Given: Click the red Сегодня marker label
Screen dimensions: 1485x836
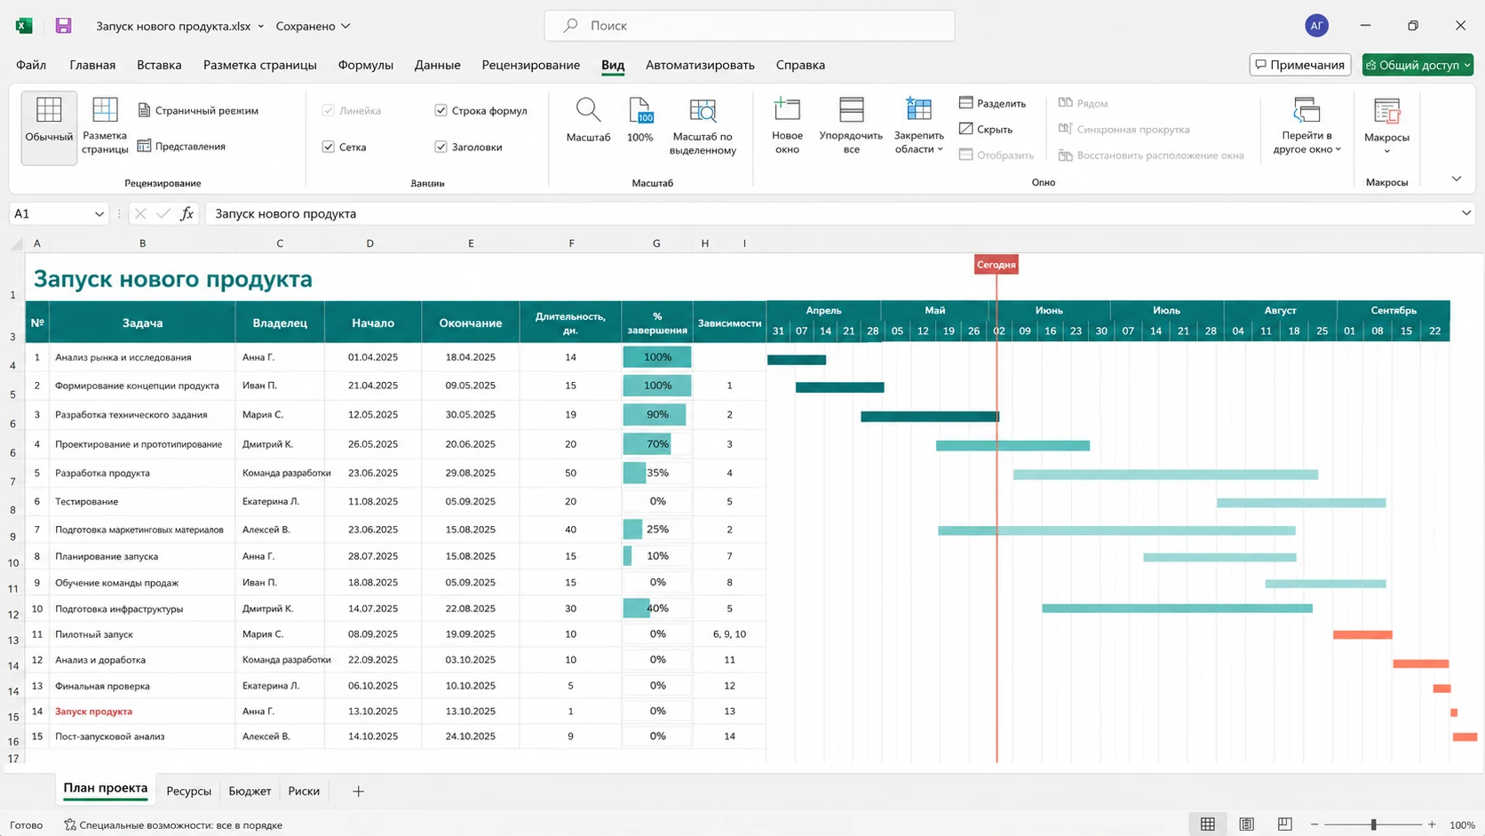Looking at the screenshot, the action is coord(996,265).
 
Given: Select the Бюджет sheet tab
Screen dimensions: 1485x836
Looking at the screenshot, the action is coord(250,791).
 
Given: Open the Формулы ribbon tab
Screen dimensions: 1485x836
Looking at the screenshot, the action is coord(365,65).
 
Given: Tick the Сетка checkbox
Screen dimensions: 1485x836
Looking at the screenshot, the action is coord(328,147).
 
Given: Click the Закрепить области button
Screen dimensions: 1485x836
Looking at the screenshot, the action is coord(919,127).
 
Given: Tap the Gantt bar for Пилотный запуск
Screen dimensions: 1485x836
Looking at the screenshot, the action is coord(1362,634).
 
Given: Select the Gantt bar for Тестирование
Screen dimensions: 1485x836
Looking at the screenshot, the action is coord(1300,503).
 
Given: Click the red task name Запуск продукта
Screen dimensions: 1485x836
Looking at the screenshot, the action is coord(93,711).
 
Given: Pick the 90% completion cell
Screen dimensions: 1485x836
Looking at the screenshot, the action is coord(657,414).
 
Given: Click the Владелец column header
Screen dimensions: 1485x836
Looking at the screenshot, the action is coord(280,322).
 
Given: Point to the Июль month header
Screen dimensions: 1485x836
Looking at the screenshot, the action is coord(1166,310).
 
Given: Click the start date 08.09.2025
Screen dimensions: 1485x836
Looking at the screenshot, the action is coord(372,633).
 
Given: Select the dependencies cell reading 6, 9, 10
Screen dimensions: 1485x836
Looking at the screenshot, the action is coord(729,633).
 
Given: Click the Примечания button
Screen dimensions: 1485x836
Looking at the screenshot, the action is coord(1300,65).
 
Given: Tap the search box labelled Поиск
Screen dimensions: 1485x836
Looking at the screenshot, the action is coord(749,26).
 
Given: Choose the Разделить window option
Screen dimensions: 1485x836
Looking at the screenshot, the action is coord(992,103).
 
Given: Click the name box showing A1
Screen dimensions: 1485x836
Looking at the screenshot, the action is coord(59,213).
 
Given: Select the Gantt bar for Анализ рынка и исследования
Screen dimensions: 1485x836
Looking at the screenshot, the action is coord(797,360).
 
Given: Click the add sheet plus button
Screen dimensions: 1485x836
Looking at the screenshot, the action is coord(358,791).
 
